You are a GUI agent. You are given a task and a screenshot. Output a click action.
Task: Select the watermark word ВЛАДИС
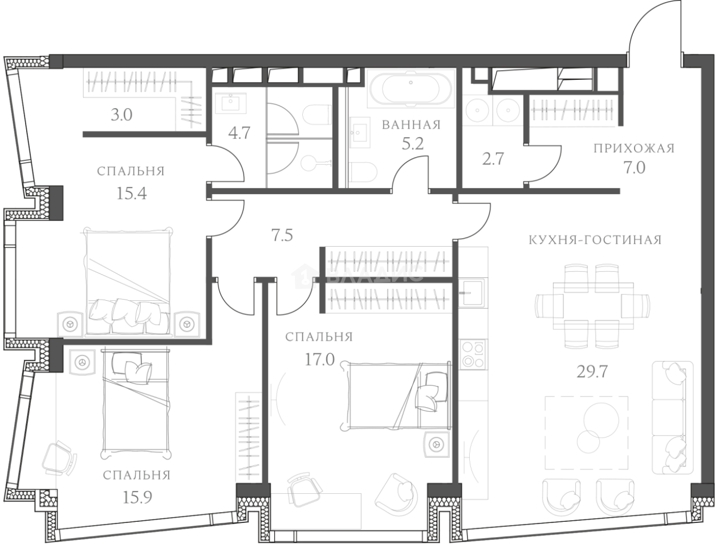[374, 275]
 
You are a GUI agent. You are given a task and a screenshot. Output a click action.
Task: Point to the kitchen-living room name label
[592, 239]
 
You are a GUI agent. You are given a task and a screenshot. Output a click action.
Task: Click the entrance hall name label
[633, 149]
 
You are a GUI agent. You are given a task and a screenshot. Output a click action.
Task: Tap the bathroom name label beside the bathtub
[410, 125]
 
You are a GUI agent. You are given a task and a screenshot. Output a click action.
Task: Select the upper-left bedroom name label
[132, 171]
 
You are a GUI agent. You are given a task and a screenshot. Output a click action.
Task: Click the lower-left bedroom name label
[137, 475]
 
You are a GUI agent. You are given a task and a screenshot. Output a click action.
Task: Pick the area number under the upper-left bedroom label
[132, 194]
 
